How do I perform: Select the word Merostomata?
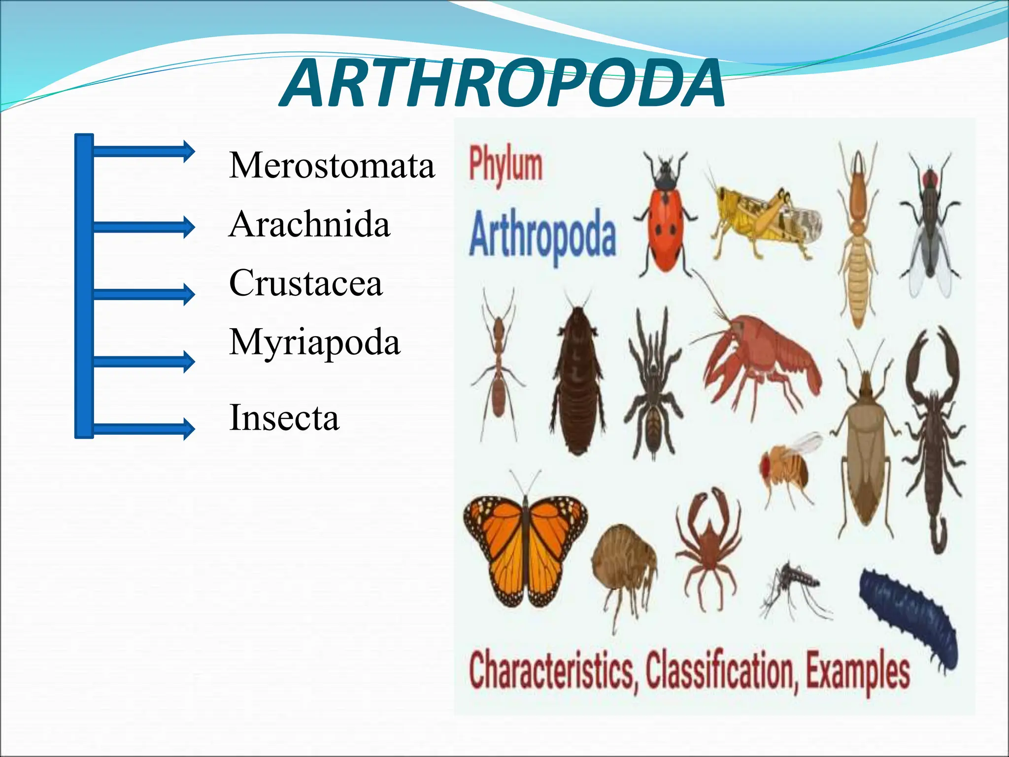click(x=332, y=165)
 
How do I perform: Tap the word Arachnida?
click(x=309, y=224)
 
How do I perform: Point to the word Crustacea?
click(x=305, y=283)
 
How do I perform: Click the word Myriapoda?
click(x=314, y=343)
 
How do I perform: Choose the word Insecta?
click(x=284, y=418)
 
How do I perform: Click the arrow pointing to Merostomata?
click(x=143, y=151)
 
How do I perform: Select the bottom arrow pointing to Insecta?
click(x=143, y=428)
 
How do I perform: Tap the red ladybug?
click(x=665, y=222)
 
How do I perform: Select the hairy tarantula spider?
click(x=653, y=389)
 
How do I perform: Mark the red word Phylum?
click(x=505, y=165)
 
